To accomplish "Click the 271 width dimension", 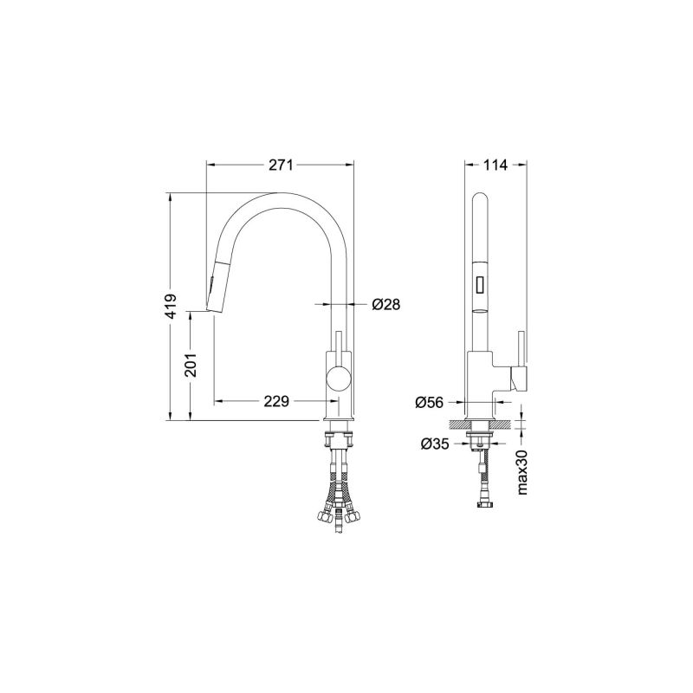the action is click(281, 165).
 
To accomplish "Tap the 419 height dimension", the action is click(171, 306).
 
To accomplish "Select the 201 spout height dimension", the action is click(191, 365).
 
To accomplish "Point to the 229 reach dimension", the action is click(276, 401).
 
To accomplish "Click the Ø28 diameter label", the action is click(385, 304).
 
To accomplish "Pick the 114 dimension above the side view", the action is click(495, 165).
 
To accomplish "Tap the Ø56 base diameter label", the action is click(429, 402).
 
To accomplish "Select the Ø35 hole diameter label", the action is click(435, 444).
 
